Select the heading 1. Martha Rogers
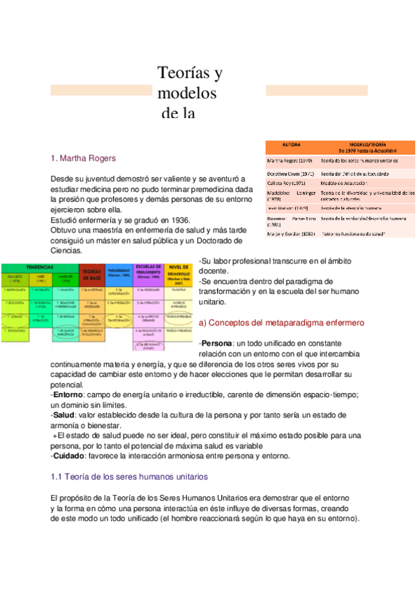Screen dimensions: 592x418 click(x=83, y=158)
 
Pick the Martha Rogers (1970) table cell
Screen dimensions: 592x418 click(x=290, y=161)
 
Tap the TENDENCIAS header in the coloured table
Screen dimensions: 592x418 click(x=40, y=267)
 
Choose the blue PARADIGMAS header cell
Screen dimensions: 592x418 click(x=119, y=271)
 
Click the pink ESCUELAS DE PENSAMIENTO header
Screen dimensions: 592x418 click(x=149, y=271)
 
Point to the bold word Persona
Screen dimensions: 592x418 click(x=215, y=344)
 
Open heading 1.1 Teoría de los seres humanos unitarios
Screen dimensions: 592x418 click(x=129, y=477)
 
